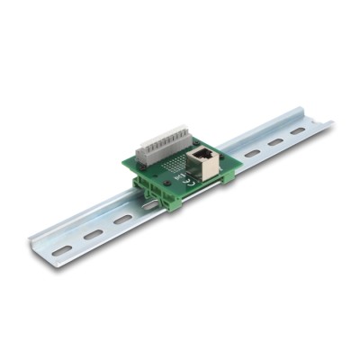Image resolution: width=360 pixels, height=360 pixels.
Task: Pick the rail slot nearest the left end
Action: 62,251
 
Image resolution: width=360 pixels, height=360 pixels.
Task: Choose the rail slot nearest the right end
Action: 298,131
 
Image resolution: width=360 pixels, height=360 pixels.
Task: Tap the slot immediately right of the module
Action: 253,154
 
